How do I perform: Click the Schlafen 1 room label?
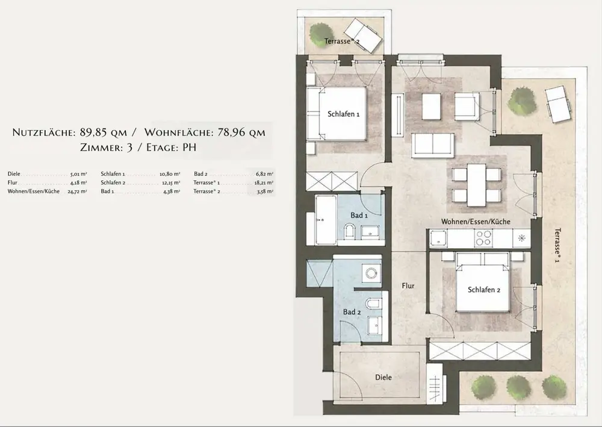[x=343, y=114]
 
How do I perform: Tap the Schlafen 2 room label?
[x=484, y=290]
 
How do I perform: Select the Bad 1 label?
[x=359, y=216]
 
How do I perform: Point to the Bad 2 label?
[x=352, y=312]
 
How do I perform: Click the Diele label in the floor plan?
[x=383, y=378]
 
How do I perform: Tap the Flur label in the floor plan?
[x=408, y=285]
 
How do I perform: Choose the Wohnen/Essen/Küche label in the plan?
[x=476, y=222]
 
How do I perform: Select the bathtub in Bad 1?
[x=326, y=220]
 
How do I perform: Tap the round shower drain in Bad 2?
[x=371, y=273]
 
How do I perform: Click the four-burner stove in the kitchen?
[x=483, y=238]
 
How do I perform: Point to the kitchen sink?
[x=438, y=238]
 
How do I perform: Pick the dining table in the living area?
[x=476, y=185]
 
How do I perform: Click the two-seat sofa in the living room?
[x=433, y=145]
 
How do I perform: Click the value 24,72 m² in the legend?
[x=77, y=192]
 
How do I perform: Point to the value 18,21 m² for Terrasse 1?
[x=264, y=182]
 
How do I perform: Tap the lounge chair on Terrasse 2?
[x=362, y=37]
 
